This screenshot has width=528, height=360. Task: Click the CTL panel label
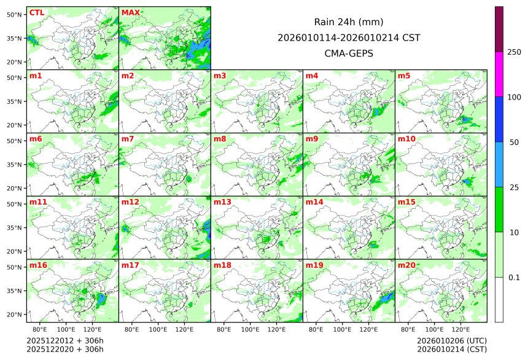(37, 12)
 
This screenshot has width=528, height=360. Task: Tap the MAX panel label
(130, 12)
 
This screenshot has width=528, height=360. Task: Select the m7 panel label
(128, 139)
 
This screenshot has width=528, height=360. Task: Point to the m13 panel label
(222, 202)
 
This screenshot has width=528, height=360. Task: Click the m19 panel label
(314, 265)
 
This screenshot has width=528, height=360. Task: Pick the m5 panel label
(404, 76)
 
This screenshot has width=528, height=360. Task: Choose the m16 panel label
(38, 265)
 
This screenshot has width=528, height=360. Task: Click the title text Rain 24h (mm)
(349, 22)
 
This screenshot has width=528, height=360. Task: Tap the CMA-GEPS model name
(349, 53)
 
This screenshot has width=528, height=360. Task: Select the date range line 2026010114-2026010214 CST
(349, 37)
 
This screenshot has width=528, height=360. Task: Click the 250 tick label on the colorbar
(514, 52)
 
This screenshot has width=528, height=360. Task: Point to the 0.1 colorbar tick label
(514, 278)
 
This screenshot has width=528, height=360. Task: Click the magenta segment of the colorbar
(499, 74)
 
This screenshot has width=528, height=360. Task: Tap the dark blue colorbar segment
(499, 119)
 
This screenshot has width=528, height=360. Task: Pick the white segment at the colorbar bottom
(499, 300)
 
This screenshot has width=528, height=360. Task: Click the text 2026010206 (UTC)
(452, 340)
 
